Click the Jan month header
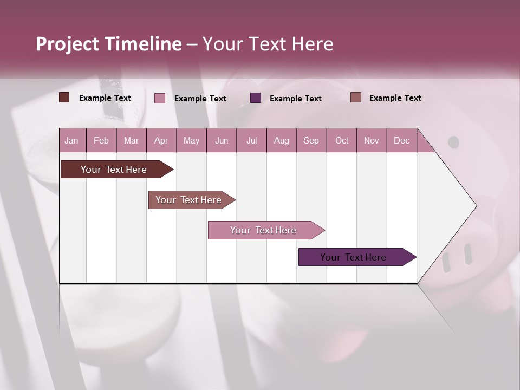click(72, 140)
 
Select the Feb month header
click(101, 140)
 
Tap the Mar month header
click(131, 140)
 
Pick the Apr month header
click(161, 140)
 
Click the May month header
click(191, 140)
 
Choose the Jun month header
click(222, 140)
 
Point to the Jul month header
click(251, 140)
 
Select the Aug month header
click(282, 140)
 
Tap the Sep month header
click(311, 140)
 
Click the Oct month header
click(342, 140)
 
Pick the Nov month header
click(372, 140)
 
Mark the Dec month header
click(402, 140)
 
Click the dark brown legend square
click(64, 97)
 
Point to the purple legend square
click(256, 98)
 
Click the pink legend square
click(160, 98)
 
